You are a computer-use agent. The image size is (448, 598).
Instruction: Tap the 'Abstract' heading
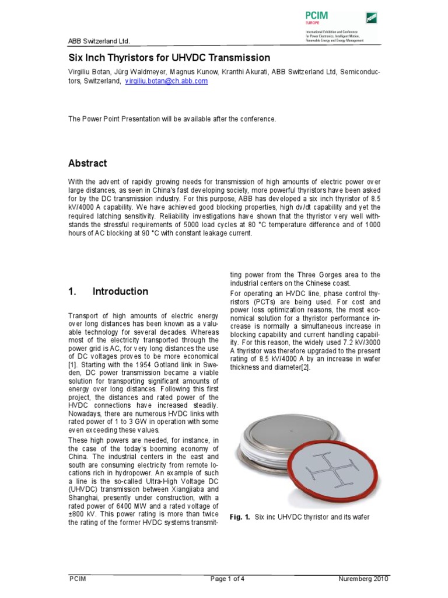[x=88, y=164]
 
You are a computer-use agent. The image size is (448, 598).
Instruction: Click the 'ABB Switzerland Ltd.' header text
[x=99, y=41]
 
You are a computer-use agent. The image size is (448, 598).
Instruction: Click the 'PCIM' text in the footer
[x=77, y=579]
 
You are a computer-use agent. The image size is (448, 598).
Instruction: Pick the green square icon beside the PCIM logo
[x=370, y=18]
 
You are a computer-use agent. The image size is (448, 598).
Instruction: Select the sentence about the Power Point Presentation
[x=172, y=119]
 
